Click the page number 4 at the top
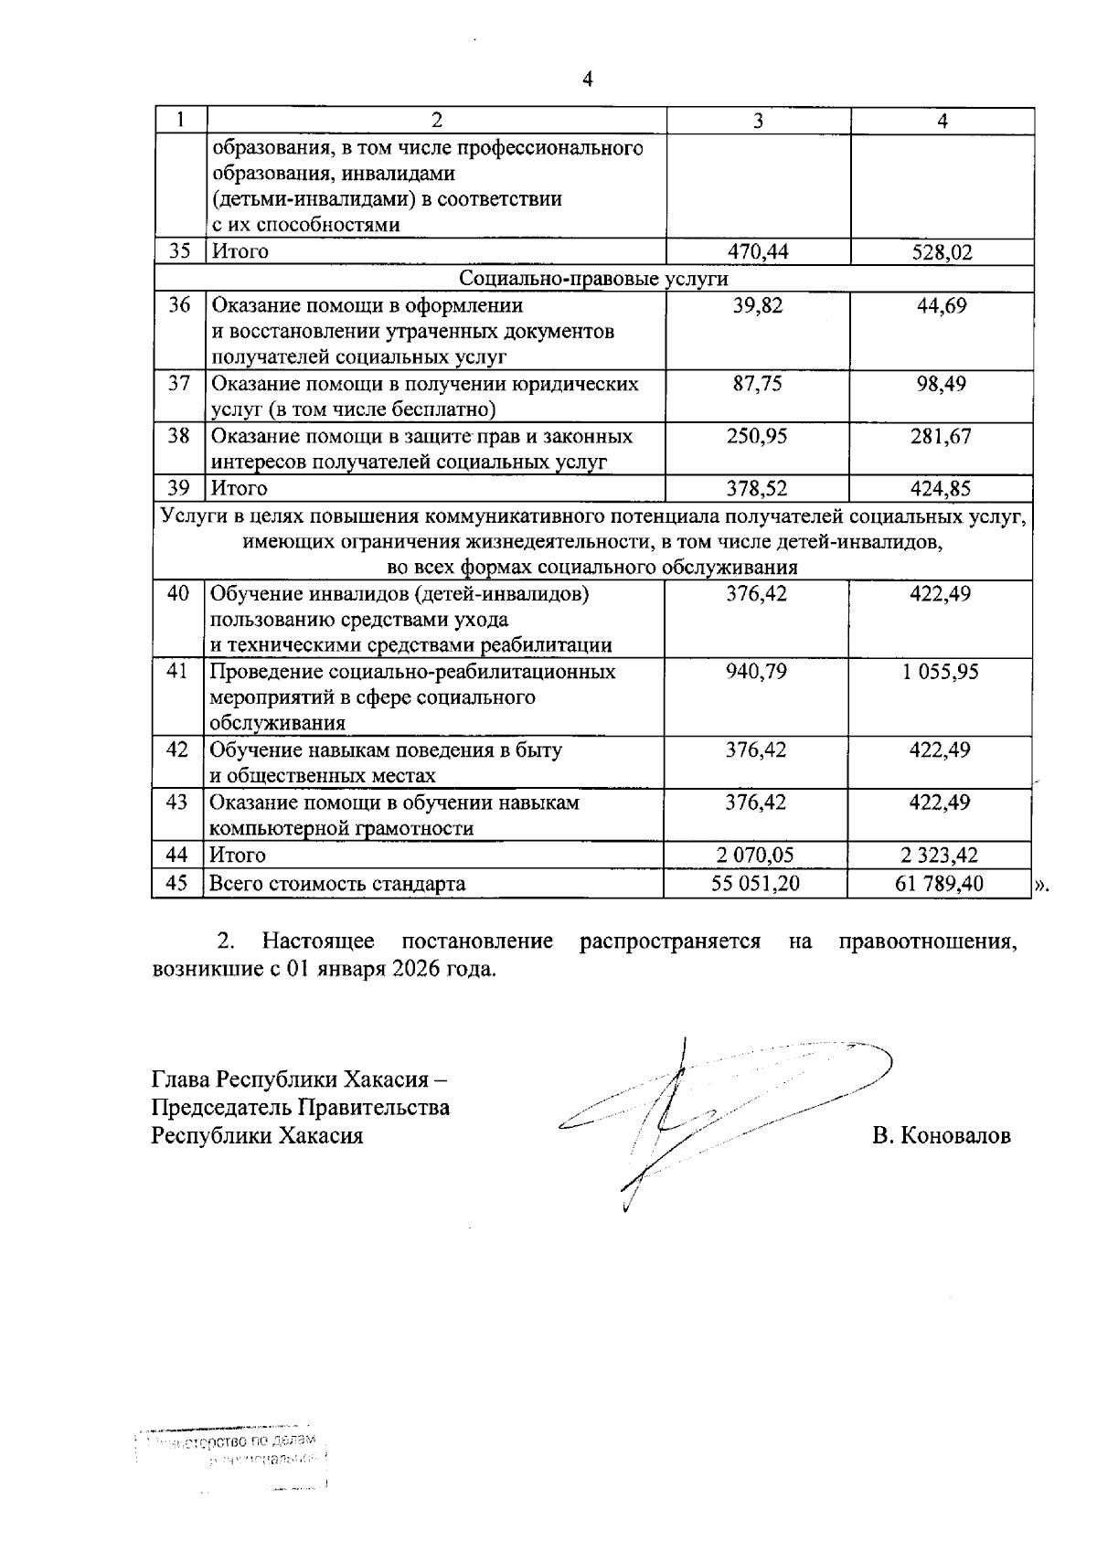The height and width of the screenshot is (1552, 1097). click(x=588, y=80)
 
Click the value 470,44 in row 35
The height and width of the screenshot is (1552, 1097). click(x=758, y=251)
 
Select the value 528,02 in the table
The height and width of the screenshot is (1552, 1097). click(x=943, y=252)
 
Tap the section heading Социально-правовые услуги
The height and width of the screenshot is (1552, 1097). click(x=594, y=278)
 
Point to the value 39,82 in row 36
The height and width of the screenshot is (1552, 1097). click(x=758, y=306)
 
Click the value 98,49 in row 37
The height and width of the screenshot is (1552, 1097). click(x=943, y=384)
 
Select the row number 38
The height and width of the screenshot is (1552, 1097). click(x=178, y=436)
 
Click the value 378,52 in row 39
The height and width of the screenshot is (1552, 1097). click(x=758, y=488)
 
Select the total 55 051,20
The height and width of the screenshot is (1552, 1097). click(x=756, y=884)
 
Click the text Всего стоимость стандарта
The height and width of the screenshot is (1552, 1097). click(x=337, y=884)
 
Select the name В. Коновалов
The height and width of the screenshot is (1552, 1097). click(x=942, y=1137)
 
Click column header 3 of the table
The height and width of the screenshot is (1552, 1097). click(x=758, y=121)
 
